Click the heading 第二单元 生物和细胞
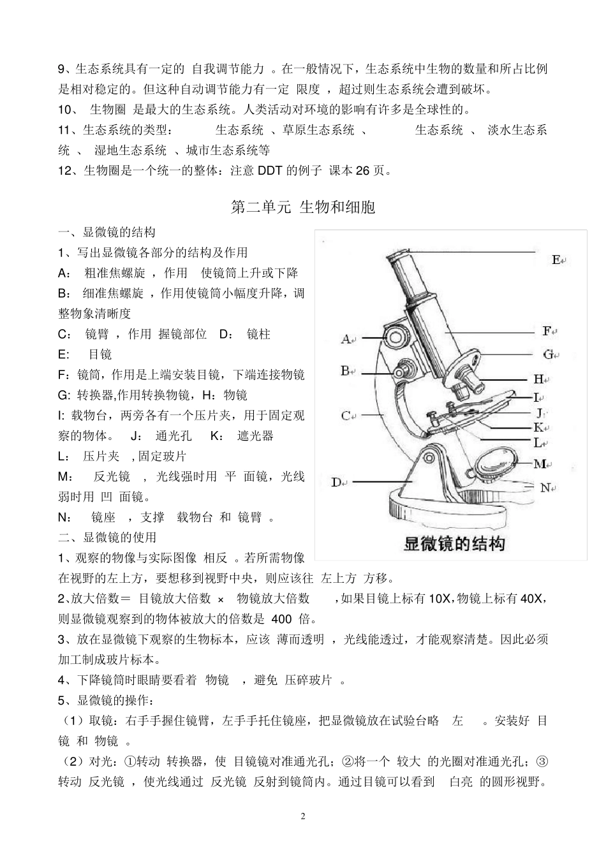302,207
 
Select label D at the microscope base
336,482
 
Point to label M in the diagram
539,464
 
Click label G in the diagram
548,354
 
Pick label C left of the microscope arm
346,416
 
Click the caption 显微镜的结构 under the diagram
454,543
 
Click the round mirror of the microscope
496,461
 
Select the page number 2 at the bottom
303,817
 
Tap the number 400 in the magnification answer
281,619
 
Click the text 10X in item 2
440,598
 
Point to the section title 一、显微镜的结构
107,232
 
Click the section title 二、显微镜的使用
107,538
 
